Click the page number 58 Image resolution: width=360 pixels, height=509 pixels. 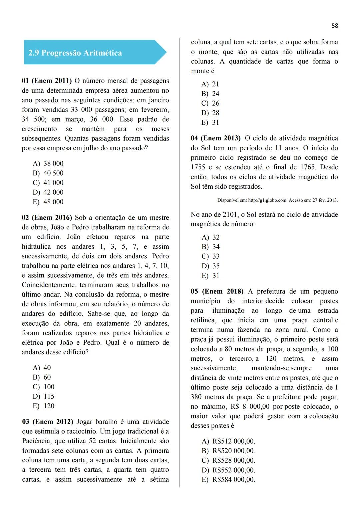click(335, 26)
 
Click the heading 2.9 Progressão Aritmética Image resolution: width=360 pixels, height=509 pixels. click(75, 53)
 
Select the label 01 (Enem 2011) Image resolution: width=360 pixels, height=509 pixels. click(47, 81)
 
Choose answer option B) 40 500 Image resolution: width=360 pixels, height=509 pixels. click(48, 173)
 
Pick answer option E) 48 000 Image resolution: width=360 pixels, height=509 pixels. click(48, 202)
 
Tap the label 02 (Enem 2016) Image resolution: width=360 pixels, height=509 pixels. click(47, 218)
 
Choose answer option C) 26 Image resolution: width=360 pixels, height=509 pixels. click(210, 103)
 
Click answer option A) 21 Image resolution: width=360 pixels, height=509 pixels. click(210, 84)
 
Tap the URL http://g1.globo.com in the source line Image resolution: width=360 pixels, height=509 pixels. click(268, 200)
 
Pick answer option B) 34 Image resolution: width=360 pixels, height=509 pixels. click(211, 247)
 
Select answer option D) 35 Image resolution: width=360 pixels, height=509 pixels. click(211, 266)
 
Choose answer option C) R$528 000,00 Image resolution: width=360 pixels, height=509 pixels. click(228, 461)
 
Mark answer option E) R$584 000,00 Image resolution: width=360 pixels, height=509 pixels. click(228, 480)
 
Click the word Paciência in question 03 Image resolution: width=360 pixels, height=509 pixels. click(37, 441)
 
